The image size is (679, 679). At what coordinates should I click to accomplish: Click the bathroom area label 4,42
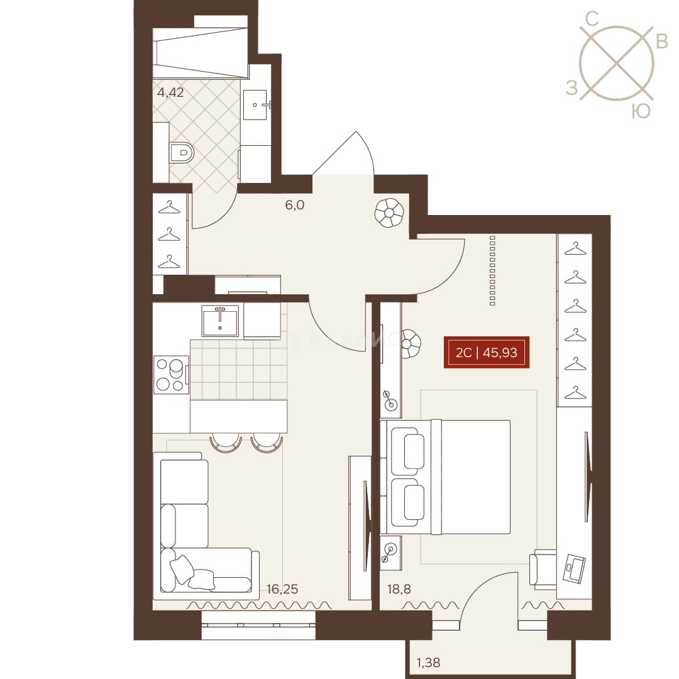(170, 92)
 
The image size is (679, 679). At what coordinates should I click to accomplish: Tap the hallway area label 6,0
(294, 205)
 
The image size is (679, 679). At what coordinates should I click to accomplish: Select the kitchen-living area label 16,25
(282, 589)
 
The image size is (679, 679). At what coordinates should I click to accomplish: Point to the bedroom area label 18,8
(399, 589)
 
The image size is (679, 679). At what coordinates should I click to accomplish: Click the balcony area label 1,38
(428, 662)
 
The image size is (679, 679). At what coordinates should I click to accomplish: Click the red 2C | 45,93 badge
(486, 353)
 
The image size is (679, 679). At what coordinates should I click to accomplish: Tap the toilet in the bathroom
(182, 153)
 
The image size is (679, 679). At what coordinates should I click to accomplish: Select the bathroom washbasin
(257, 105)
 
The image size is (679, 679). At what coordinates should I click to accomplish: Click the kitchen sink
(220, 321)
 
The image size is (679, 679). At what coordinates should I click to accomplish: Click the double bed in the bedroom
(445, 477)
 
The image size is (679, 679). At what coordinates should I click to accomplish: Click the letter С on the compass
(592, 19)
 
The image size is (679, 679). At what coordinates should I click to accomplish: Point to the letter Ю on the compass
(641, 111)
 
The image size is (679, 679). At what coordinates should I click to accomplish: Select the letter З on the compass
(572, 89)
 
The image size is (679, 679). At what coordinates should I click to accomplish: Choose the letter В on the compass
(662, 41)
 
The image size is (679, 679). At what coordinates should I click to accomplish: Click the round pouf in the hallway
(389, 213)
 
